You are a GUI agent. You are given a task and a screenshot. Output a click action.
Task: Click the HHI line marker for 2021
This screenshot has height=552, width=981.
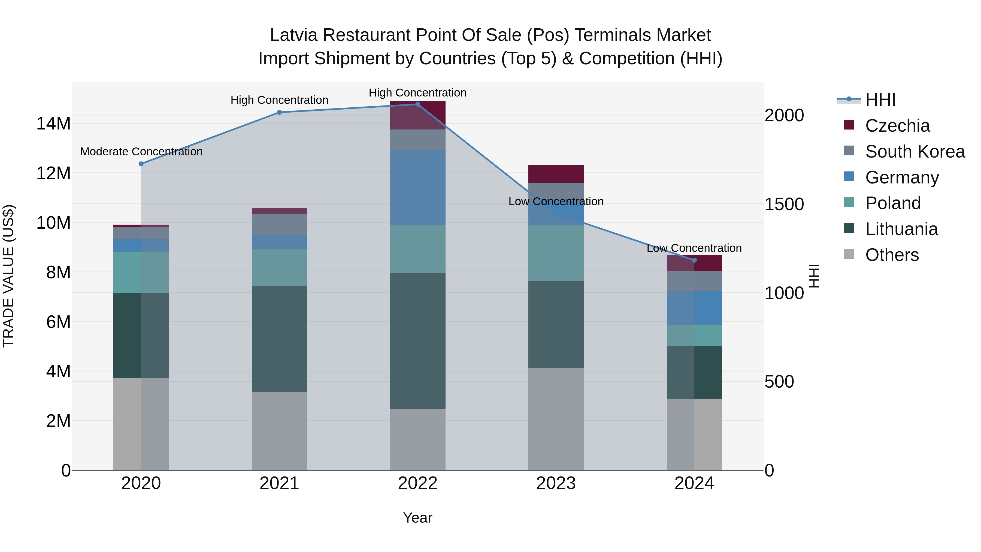(x=279, y=112)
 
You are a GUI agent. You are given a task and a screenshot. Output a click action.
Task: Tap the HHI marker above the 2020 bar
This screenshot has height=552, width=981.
(x=141, y=164)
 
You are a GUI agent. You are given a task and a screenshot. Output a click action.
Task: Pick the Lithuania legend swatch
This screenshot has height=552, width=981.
(x=849, y=229)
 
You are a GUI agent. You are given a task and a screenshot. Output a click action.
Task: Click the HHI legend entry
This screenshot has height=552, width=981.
(x=880, y=100)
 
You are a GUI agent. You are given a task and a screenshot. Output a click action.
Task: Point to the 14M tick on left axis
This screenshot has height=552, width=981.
(x=53, y=124)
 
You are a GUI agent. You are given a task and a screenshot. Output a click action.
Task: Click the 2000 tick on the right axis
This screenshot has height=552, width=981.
(x=784, y=115)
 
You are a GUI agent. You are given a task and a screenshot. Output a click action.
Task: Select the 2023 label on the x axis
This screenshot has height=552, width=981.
(x=556, y=483)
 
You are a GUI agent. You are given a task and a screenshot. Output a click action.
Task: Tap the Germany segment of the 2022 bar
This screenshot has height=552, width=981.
(x=417, y=188)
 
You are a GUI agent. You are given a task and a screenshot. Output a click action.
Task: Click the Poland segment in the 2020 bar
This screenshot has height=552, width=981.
(x=141, y=272)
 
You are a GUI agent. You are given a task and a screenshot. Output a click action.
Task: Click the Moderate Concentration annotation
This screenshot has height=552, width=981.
(x=141, y=152)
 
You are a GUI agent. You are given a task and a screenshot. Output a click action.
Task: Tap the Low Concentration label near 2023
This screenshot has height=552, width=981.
(x=556, y=201)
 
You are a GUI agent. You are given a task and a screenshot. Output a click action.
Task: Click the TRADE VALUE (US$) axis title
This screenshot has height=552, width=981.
(x=8, y=276)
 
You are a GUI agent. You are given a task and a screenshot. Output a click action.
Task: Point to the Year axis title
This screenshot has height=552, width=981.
(x=417, y=518)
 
